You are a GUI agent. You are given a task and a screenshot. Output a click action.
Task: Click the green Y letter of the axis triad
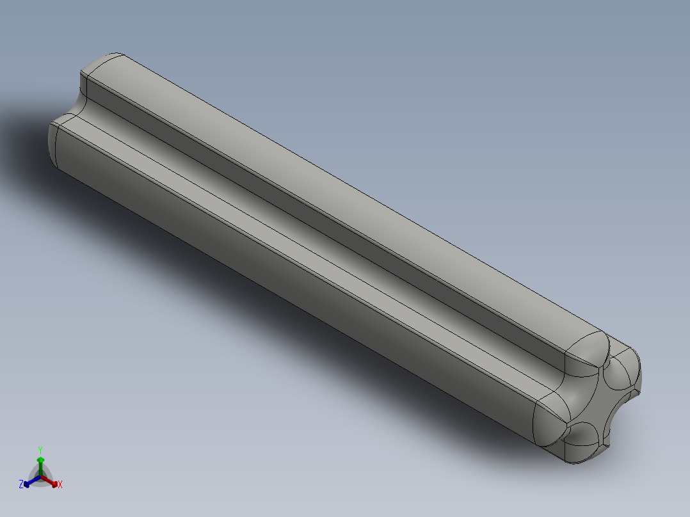pos(40,449)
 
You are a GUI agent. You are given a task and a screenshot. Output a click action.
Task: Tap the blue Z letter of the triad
pos(21,484)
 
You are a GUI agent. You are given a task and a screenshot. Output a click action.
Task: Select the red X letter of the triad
pos(60,485)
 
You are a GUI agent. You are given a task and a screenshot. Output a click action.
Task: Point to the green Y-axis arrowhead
pos(40,460)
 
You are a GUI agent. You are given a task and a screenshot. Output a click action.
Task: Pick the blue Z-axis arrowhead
pos(28,483)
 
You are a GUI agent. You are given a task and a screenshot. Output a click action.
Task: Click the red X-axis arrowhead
pos(54,483)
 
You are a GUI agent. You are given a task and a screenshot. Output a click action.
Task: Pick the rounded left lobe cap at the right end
pos(550,416)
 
